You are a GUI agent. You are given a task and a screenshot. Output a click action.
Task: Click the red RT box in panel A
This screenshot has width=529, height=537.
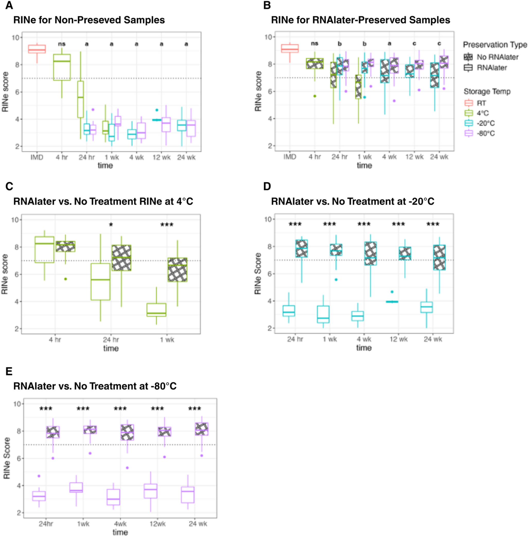37,49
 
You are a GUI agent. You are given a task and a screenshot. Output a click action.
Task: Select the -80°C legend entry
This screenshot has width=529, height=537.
486,133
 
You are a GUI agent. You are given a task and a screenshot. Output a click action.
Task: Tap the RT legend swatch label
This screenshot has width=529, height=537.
481,103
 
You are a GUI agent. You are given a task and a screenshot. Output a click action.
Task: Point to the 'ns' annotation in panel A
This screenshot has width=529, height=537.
62,44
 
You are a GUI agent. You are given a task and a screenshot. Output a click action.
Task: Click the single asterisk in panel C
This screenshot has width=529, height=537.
111,225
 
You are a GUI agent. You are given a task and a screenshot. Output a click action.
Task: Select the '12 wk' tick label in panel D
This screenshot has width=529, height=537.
398,339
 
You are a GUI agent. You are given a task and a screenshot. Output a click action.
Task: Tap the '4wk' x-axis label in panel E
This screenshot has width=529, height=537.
120,524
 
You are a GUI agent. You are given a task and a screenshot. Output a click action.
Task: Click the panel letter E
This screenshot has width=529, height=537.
9,371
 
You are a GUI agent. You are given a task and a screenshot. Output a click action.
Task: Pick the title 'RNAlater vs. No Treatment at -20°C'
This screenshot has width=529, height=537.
352,201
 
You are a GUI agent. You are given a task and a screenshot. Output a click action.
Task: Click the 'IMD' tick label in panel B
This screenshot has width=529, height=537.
290,157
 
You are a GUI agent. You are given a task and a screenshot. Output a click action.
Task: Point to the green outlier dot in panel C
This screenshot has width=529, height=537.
66,279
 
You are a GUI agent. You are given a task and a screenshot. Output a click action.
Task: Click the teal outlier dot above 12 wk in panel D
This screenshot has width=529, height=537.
392,292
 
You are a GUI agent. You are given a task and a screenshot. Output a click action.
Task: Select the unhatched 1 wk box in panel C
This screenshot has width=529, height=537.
157,310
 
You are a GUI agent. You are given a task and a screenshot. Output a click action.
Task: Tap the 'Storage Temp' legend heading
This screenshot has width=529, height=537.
487,91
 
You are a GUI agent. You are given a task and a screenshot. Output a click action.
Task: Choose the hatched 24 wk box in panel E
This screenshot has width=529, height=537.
202,429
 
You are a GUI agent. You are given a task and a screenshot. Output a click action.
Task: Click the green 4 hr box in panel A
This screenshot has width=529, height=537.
62,67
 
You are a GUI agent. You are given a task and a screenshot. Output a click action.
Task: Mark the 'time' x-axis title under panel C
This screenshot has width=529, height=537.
111,348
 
